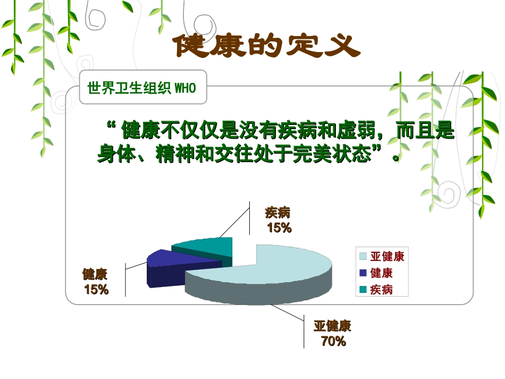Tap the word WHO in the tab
tap(185, 88)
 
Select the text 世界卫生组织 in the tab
tap(130, 88)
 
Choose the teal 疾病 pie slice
tap(207, 247)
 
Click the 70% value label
tap(333, 341)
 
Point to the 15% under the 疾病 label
tap(279, 228)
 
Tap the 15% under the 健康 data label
tap(96, 290)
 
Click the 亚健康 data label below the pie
tap(332, 326)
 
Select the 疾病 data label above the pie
tap(278, 213)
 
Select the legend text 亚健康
tap(387, 257)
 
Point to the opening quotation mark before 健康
tap(112, 128)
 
